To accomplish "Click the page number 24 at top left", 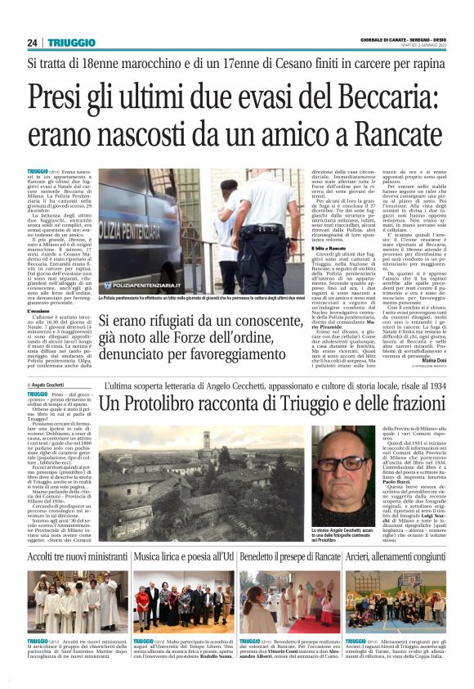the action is [33, 43].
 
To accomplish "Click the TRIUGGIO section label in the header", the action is [72, 43].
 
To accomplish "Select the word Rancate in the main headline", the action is [385, 133].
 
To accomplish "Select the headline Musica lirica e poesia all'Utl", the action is [182, 556].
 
